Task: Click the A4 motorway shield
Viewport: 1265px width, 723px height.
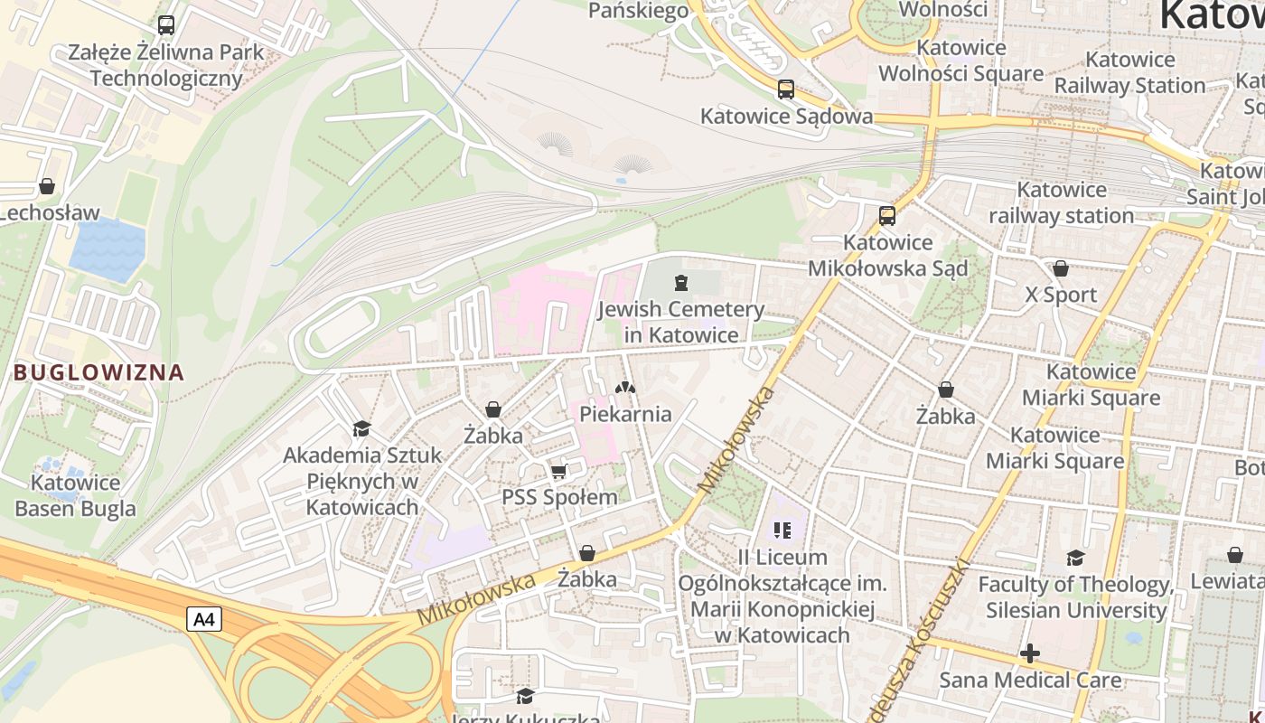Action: click(204, 619)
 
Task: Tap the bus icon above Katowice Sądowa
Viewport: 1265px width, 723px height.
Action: click(786, 89)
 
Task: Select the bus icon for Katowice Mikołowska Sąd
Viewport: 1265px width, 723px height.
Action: click(887, 216)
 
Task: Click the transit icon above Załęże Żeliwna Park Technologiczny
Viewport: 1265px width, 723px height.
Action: click(166, 25)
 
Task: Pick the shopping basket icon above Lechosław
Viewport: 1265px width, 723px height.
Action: click(47, 187)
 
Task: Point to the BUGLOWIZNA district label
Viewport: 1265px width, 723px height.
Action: click(98, 372)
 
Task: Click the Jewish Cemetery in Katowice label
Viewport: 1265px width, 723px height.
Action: click(681, 322)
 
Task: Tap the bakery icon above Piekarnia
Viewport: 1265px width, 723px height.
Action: click(625, 388)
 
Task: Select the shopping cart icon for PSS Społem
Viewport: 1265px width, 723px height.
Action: click(559, 471)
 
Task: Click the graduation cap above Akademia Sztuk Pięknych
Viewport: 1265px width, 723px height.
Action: click(362, 428)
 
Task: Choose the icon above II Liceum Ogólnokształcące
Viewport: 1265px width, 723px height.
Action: click(782, 531)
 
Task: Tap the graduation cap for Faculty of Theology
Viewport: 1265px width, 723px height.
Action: click(1075, 558)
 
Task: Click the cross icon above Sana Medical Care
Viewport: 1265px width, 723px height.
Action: click(1030, 653)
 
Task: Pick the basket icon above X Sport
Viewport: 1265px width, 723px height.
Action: click(1061, 268)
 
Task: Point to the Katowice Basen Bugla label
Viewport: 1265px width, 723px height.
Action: click(75, 495)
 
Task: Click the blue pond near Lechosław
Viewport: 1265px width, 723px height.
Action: click(108, 248)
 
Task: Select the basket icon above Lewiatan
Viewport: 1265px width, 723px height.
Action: click(1235, 555)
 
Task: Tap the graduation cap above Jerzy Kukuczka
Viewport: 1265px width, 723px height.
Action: click(525, 696)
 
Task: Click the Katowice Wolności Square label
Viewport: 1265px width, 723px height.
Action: click(960, 60)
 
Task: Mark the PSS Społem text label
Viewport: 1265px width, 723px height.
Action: click(559, 497)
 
